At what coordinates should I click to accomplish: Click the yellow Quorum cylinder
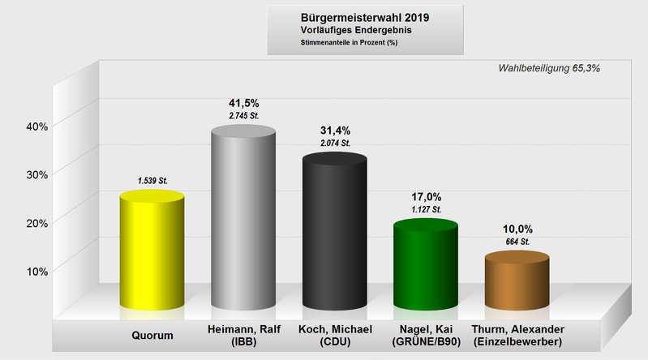152,251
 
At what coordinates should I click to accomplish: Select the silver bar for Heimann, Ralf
243,219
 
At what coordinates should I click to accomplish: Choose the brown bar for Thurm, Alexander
517,281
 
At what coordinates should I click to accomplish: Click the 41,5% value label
244,103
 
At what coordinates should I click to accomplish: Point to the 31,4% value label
335,130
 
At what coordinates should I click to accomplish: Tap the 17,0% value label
426,196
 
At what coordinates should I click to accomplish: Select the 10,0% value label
517,229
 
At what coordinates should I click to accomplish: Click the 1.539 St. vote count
152,181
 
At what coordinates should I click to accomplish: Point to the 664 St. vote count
517,242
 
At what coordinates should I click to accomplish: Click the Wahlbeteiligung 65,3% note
549,68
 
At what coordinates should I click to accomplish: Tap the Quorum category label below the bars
152,334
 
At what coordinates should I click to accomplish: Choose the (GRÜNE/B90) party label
426,342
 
